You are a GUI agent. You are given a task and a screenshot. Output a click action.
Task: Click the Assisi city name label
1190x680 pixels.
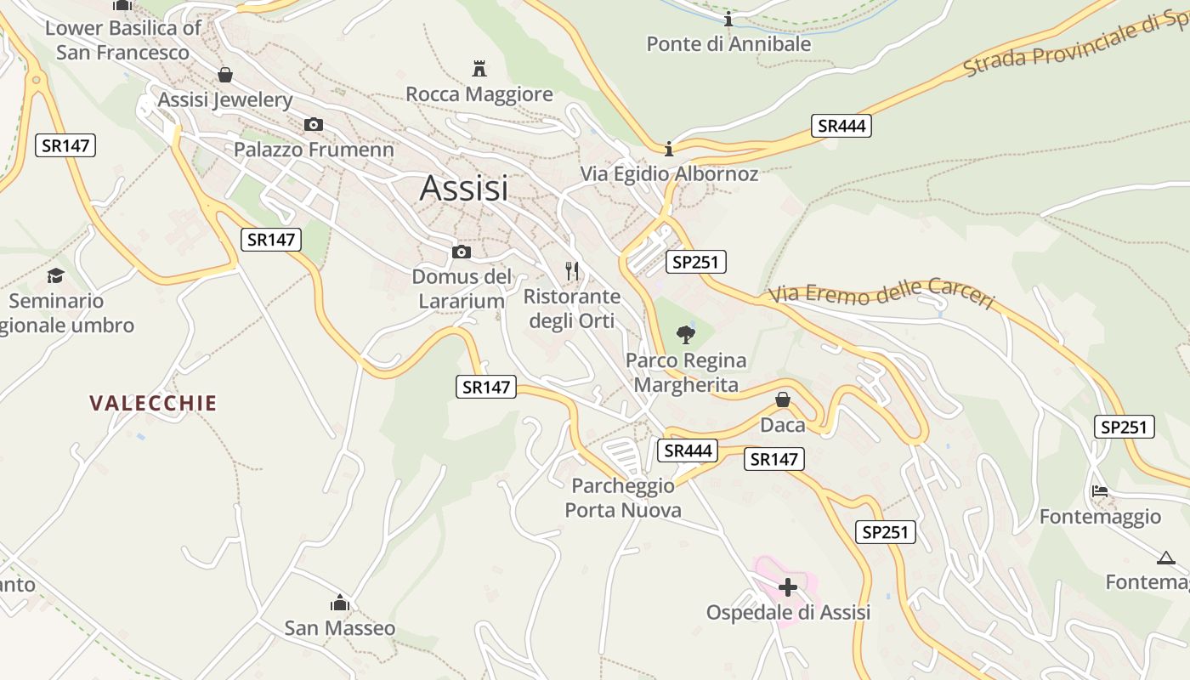464,188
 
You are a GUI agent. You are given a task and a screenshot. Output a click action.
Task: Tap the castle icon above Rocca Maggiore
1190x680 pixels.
479,68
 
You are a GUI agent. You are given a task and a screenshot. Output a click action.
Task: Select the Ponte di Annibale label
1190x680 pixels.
728,43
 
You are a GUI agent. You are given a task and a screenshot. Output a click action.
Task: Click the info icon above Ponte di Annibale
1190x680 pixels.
728,19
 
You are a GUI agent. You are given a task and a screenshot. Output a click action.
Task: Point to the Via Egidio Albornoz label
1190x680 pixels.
669,173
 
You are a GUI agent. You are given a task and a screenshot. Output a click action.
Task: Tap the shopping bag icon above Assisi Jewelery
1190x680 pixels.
225,75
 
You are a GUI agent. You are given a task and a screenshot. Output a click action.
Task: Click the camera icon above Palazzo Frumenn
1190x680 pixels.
314,125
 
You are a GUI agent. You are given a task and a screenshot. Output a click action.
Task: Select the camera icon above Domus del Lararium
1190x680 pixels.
462,252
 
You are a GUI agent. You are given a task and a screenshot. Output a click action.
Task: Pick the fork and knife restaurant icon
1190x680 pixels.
572,271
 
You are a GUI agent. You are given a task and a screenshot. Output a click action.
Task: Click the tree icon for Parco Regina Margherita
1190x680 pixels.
685,334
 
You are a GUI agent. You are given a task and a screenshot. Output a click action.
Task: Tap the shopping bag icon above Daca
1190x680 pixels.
783,399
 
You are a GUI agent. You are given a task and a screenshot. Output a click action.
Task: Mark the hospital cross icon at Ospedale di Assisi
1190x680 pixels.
788,586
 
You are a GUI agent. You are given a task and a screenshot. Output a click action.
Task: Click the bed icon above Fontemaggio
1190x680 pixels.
1100,491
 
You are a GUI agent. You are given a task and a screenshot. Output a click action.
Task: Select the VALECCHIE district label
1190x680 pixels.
154,403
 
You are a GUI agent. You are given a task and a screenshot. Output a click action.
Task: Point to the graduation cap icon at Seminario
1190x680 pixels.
56,275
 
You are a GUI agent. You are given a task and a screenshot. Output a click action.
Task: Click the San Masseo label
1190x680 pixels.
339,628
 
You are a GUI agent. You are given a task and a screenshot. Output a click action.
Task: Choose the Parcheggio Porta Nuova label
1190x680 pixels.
623,498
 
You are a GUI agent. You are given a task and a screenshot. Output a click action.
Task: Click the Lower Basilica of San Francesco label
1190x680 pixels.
122,40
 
